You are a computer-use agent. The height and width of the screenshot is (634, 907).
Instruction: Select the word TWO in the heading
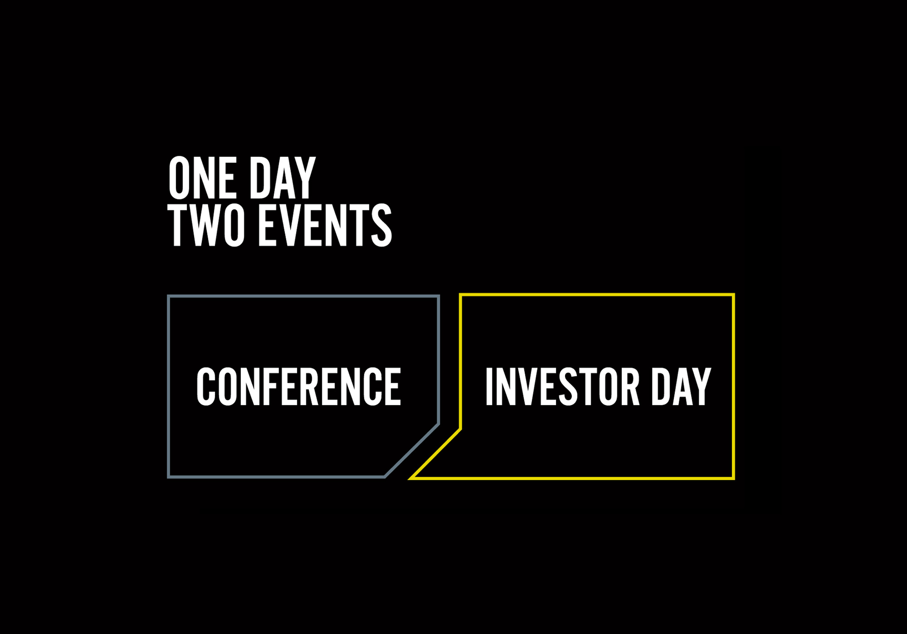(206, 225)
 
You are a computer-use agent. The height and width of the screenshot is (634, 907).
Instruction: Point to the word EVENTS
(325, 225)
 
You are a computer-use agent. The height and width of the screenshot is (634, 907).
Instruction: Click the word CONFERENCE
(299, 386)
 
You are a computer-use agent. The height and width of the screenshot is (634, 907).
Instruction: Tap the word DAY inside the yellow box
(681, 386)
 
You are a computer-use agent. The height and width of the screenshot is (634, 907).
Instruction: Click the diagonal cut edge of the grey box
(412, 451)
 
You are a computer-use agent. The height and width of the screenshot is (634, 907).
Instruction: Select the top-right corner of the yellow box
(734, 294)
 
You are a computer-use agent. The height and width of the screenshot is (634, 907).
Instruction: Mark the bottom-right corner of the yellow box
(734, 478)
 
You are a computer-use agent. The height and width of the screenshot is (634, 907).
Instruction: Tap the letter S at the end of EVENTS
(381, 225)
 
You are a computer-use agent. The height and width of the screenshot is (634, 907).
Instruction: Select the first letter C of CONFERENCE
(206, 386)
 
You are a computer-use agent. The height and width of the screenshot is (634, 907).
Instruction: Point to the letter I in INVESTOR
(489, 386)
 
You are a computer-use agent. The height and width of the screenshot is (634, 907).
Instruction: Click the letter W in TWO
(206, 225)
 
